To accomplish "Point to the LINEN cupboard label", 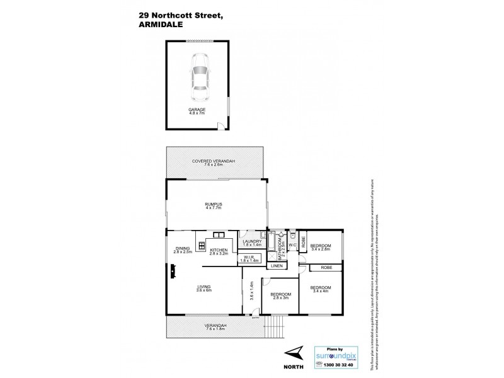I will (277, 266).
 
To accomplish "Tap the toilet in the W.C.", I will (292, 238).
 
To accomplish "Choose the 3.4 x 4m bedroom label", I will (321, 290).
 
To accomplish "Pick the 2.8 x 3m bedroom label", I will (281, 296).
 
